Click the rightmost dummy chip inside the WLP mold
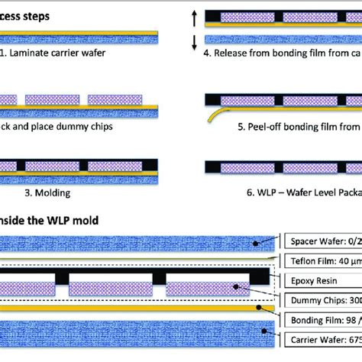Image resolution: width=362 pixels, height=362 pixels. click(x=199, y=289)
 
